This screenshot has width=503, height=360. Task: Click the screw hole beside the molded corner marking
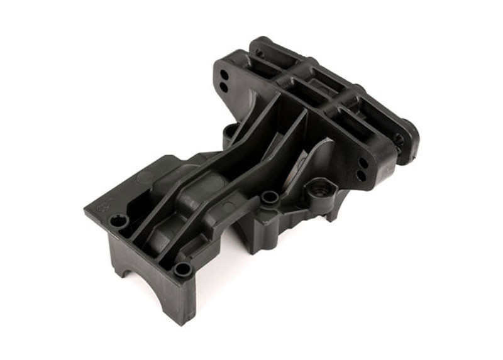(x=118, y=221)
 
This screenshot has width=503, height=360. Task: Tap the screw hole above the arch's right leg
(x=183, y=270)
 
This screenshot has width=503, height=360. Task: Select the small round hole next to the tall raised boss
(x=270, y=197)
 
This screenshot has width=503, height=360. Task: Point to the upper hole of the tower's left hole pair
(x=225, y=74)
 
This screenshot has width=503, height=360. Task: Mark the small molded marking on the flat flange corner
(x=104, y=205)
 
